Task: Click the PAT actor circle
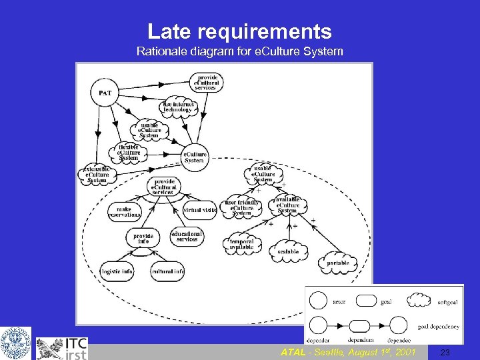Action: [105, 93]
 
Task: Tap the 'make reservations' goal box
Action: [125, 211]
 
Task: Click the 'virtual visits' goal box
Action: [199, 209]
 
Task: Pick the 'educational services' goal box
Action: [187, 237]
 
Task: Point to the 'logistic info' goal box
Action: [117, 271]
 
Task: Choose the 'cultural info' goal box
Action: [167, 271]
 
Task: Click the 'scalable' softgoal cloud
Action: [289, 251]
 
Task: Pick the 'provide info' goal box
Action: [143, 238]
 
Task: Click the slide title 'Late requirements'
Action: [239, 31]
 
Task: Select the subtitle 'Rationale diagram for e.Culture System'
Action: [239, 51]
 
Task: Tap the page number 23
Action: [445, 352]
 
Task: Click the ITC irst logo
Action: [62, 348]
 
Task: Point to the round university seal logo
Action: [15, 343]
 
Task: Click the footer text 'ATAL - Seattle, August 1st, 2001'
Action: [348, 352]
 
